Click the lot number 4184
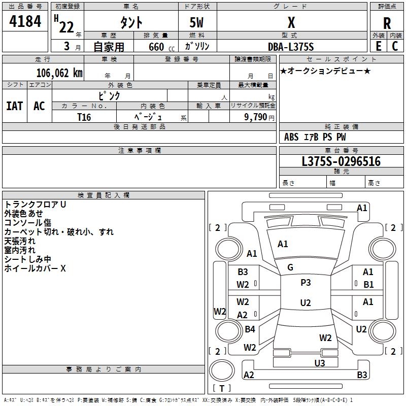click(x=25, y=23)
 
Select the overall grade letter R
click(x=387, y=23)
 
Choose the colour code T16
click(x=84, y=116)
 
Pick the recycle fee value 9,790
click(x=256, y=117)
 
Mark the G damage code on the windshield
click(x=290, y=267)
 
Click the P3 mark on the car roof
click(x=305, y=283)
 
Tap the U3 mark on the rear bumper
click(x=319, y=363)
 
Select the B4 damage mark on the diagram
click(x=250, y=329)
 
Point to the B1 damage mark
click(x=368, y=285)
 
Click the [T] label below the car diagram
click(x=221, y=388)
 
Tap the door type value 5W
click(x=197, y=23)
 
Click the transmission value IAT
click(x=15, y=106)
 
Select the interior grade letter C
click(x=395, y=46)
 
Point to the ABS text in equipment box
click(x=291, y=137)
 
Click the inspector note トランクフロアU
click(x=36, y=205)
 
